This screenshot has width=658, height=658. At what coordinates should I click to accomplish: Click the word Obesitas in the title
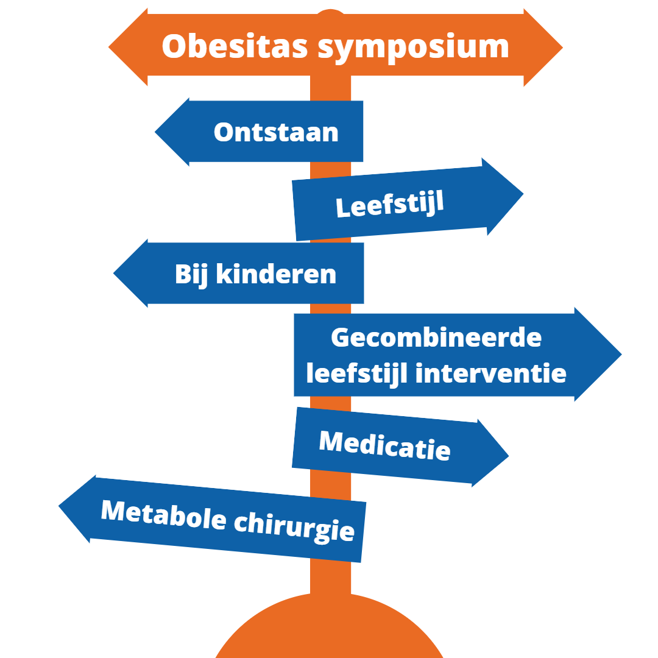click(235, 46)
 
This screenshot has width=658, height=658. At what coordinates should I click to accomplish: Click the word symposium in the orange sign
click(413, 49)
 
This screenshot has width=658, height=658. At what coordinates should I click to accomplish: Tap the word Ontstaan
click(276, 132)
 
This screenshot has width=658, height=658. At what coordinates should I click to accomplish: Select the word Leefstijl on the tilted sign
click(390, 204)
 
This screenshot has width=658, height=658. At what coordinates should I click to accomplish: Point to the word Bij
click(191, 275)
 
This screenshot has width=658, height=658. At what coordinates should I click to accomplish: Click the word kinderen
click(276, 274)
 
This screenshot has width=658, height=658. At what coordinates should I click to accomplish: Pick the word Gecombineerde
click(436, 338)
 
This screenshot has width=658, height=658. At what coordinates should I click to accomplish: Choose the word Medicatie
click(385, 445)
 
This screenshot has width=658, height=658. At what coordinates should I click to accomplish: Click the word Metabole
click(164, 516)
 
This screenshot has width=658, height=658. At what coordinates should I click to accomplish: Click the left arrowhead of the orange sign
click(128, 47)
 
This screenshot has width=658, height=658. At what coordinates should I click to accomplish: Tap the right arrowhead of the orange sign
click(543, 48)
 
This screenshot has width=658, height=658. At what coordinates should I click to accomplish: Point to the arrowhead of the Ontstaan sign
click(172, 132)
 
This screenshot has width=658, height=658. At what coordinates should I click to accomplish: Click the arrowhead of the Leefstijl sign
click(504, 196)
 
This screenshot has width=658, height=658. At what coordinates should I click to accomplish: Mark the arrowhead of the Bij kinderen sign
click(131, 273)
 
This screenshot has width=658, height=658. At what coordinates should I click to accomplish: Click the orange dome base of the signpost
click(330, 628)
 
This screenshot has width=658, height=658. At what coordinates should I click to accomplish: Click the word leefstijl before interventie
click(356, 373)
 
